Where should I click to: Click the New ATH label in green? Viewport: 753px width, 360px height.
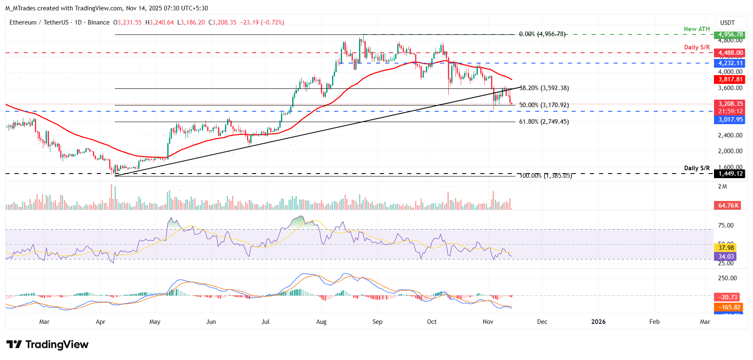click(697, 29)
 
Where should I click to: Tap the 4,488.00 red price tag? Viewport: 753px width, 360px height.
click(730, 53)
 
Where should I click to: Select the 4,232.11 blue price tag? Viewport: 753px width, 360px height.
click(730, 63)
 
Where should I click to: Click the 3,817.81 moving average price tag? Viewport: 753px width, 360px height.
click(730, 79)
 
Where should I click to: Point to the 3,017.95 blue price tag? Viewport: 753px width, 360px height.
click(730, 120)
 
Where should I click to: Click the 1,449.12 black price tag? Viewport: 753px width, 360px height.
click(730, 174)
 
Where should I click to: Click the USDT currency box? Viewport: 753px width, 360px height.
click(727, 23)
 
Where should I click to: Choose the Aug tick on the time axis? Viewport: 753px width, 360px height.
click(321, 322)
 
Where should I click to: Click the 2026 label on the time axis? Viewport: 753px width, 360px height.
click(598, 322)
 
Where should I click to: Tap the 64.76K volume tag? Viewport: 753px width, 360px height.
click(728, 206)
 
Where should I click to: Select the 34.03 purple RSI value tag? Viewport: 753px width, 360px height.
click(726, 257)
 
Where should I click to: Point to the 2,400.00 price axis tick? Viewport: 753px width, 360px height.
click(730, 135)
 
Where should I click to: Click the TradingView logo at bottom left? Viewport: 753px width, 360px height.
click(47, 345)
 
